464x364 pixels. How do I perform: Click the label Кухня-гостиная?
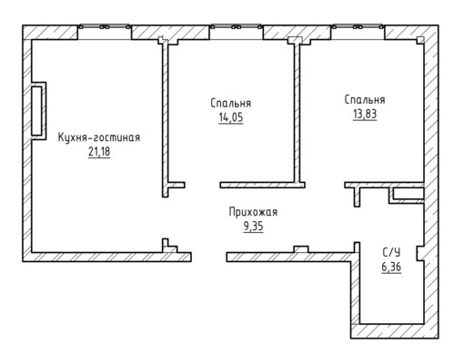[99, 137]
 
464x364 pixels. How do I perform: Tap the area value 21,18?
[99, 152]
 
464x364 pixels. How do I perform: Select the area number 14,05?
[231, 117]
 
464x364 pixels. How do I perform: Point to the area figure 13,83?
[365, 114]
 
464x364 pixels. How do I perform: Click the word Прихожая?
[253, 212]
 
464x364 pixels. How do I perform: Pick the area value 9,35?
[253, 227]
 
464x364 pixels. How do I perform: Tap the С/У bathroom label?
[391, 252]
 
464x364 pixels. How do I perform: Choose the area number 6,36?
[391, 268]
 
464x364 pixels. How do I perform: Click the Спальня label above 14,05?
[231, 103]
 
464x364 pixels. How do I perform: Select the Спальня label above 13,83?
[365, 100]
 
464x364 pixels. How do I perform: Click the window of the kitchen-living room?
[105, 27]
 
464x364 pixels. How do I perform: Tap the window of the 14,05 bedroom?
[236, 27]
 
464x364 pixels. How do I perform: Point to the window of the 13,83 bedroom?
[358, 27]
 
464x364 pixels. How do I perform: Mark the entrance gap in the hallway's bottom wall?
[209, 257]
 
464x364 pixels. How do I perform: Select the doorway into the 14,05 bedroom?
[202, 185]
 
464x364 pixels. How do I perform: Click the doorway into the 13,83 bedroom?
[325, 185]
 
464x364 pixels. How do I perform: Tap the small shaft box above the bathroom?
[407, 196]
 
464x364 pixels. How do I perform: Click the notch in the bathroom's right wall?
[419, 253]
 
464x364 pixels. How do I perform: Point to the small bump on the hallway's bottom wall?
[301, 249]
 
